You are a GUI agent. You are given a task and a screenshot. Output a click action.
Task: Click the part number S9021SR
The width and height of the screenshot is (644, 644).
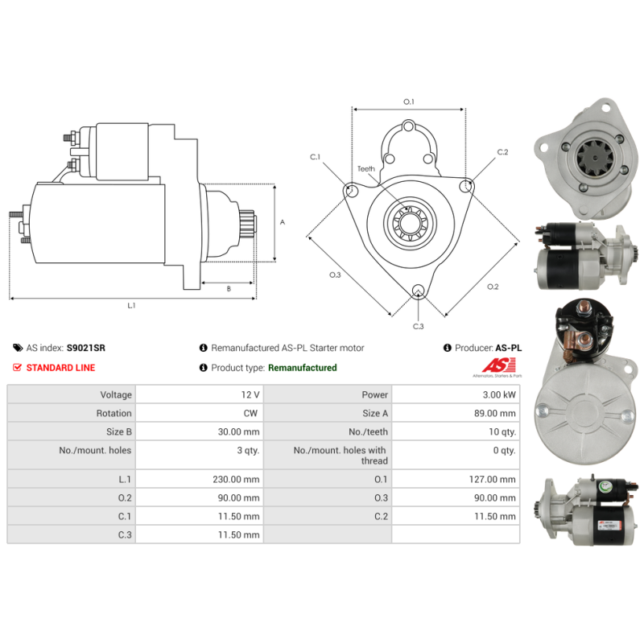coord(86,348)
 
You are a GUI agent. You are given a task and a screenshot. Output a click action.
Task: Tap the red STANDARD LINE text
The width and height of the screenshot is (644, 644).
coord(61,368)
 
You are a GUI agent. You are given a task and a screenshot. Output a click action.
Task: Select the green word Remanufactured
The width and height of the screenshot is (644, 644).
coord(303,368)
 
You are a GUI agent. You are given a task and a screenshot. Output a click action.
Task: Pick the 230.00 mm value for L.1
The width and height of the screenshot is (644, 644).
coord(236,479)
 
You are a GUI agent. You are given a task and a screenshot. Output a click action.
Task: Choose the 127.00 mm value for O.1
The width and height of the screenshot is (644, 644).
coord(492,479)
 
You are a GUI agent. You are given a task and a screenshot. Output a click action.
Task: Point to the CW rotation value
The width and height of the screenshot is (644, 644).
coord(250,413)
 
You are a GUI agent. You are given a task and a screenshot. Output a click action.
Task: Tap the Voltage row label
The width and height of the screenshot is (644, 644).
coord(116,394)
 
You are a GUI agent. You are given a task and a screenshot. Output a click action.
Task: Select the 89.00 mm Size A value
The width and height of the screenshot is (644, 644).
coord(495,413)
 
